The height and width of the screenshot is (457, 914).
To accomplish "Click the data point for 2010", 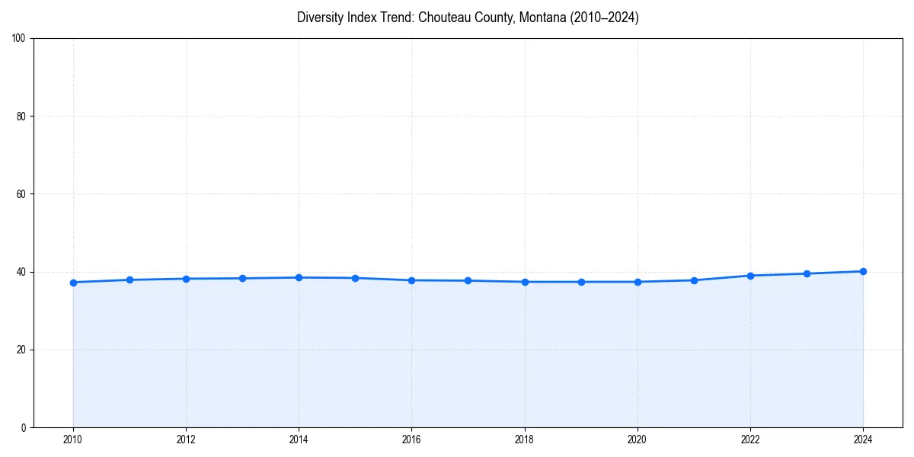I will tap(73, 283).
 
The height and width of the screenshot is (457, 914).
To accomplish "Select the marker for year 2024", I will tap(863, 271).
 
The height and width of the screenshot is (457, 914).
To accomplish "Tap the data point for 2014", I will tap(299, 277).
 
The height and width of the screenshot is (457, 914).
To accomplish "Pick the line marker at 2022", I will tap(750, 276).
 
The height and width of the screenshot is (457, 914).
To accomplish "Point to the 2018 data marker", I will tap(525, 282).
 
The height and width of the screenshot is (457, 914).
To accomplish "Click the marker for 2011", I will tap(129, 280).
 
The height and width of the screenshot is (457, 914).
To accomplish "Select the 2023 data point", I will tap(807, 273).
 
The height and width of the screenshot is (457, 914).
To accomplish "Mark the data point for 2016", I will tap(411, 280).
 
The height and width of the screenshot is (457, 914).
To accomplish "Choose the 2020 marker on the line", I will tap(638, 282).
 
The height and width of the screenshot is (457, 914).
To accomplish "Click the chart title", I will tap(468, 18).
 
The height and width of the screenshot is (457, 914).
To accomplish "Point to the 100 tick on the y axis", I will tap(20, 39).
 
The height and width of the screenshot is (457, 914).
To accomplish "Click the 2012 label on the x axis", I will tap(186, 439).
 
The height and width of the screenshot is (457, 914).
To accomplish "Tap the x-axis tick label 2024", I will tap(863, 439).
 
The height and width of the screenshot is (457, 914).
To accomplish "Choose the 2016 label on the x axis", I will tap(411, 439).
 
